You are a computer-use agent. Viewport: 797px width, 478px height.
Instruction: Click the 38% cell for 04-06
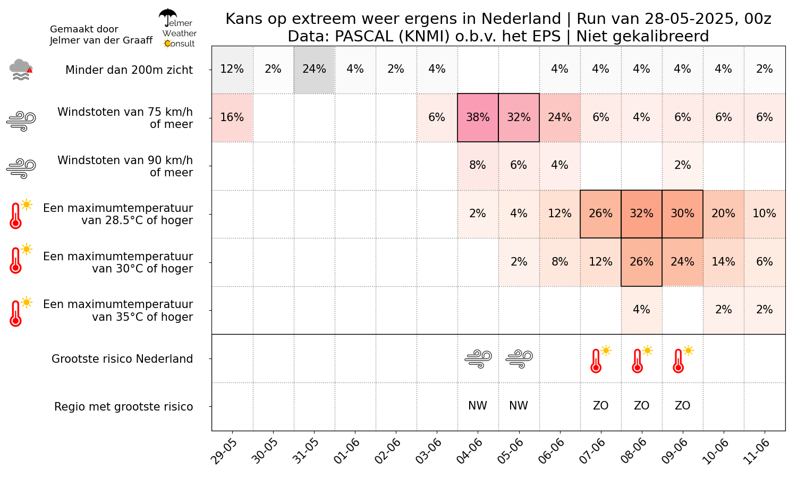point(478,117)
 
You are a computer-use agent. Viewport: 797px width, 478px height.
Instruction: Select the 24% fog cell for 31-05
point(314,69)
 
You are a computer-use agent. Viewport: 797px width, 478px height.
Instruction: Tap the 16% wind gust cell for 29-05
point(232,117)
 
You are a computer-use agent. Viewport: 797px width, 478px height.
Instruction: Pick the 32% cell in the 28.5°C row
point(641,214)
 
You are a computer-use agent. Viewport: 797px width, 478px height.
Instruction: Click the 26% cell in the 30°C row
point(641,262)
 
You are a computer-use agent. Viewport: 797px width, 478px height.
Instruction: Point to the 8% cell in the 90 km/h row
point(478,165)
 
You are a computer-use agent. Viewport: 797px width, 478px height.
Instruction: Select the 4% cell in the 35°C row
point(641,310)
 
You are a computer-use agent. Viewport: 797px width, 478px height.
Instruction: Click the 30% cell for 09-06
point(682,214)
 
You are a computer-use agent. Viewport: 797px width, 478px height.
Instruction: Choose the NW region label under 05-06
point(519,406)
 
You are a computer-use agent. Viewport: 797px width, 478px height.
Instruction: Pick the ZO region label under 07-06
point(600,406)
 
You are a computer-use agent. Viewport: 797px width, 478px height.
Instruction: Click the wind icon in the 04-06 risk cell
point(478,359)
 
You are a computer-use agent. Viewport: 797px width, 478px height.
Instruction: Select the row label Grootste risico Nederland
point(122,359)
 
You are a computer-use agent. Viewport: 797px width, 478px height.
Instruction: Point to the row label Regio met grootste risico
point(123,407)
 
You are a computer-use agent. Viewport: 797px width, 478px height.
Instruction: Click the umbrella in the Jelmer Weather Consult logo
point(168,16)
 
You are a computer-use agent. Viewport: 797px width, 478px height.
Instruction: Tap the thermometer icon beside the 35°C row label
point(16,312)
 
